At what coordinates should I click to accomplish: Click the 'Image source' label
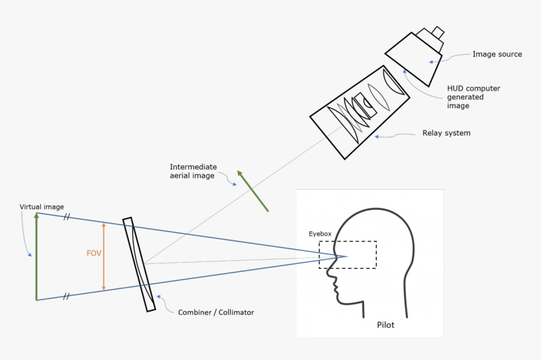497,54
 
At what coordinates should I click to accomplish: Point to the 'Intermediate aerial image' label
193,171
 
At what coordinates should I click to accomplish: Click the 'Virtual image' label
42,207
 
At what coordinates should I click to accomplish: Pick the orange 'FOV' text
94,254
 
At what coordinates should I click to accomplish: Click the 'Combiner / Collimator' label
216,312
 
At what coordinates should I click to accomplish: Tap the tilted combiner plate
139,264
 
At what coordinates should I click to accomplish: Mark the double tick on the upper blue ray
65,218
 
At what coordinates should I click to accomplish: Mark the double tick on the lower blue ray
65,296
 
